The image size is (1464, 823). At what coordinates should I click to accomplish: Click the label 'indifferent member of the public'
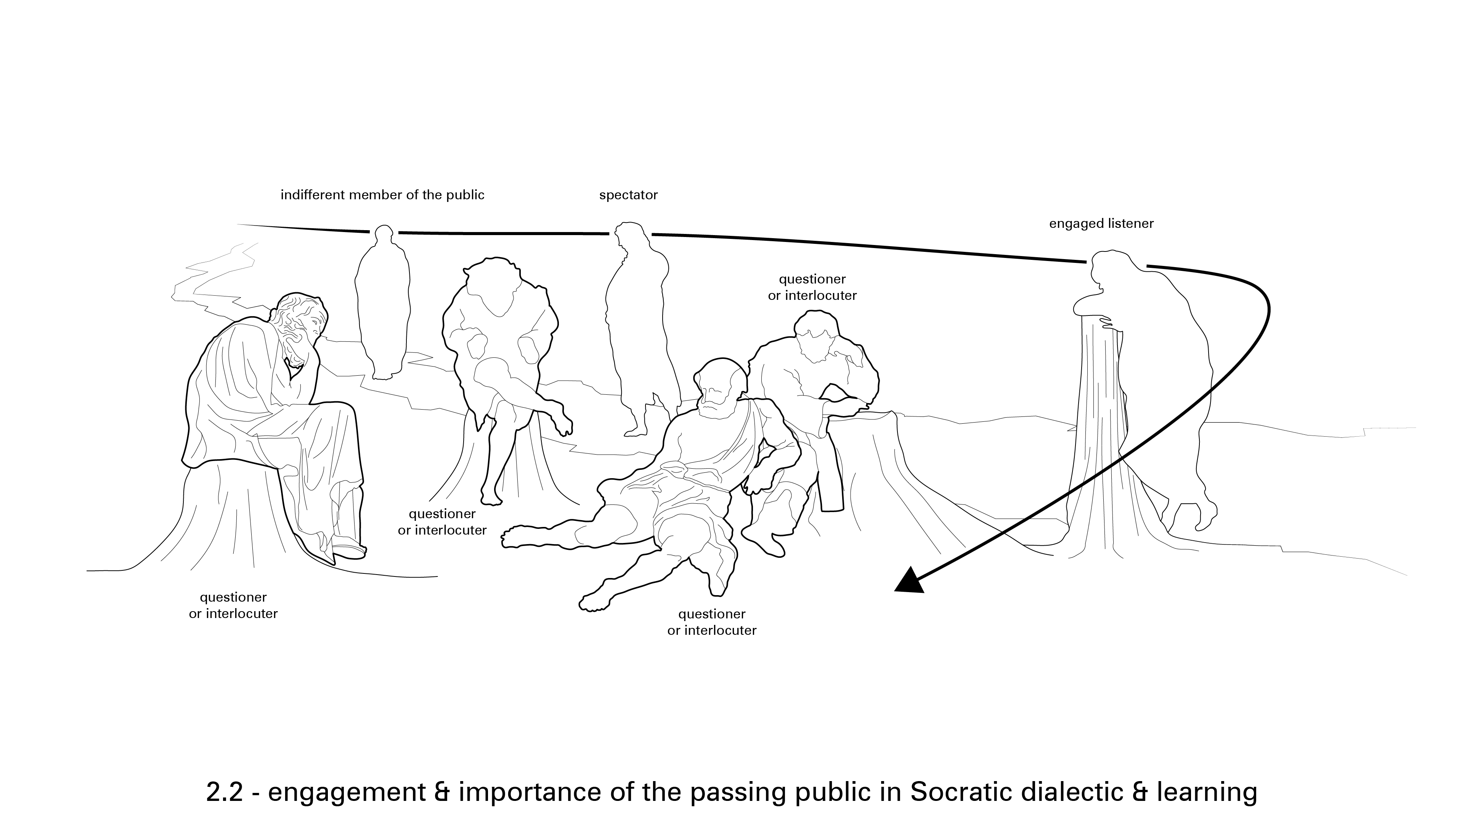coord(382,195)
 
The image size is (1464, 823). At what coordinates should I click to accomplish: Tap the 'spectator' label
coord(628,195)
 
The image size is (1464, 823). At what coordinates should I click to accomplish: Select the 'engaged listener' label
coord(1101,224)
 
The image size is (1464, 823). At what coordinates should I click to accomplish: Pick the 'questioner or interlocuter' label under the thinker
coord(233,605)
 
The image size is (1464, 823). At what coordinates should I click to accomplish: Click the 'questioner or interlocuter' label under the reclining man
coord(711,622)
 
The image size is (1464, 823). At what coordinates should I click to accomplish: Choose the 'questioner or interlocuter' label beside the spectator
coord(812,287)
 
